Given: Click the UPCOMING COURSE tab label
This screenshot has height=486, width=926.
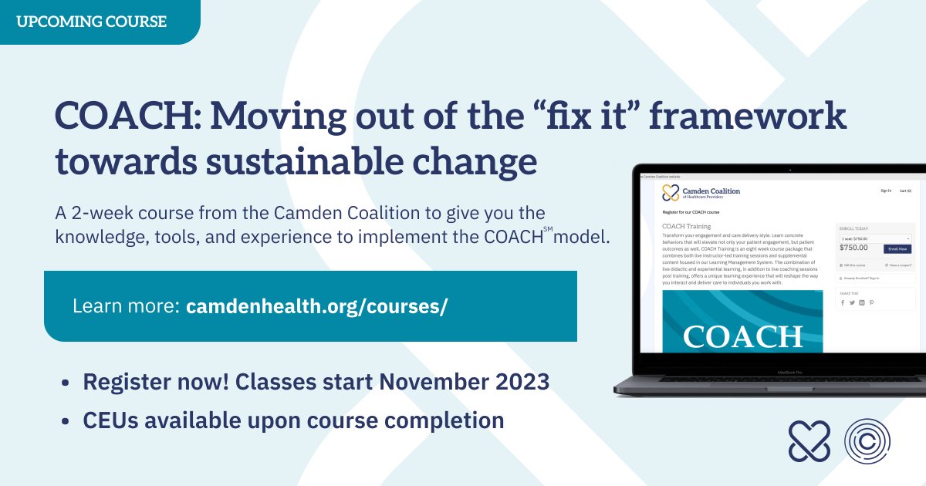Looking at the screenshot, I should (91, 22).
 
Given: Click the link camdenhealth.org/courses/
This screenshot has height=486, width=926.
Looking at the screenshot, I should (316, 306).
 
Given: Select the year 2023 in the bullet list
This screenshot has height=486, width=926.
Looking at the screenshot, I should (522, 382).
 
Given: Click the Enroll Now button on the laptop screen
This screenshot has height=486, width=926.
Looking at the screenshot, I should (897, 249).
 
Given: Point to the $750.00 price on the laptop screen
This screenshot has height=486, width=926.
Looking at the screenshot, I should (853, 248).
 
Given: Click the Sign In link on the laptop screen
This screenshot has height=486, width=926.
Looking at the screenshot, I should (885, 191).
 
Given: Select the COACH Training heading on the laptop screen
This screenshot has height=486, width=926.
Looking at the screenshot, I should (687, 226).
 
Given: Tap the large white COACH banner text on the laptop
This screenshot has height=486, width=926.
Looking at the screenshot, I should (742, 337).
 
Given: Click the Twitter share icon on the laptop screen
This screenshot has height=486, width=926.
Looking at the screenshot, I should (851, 302).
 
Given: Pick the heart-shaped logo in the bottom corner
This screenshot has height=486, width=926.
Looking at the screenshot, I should (809, 440).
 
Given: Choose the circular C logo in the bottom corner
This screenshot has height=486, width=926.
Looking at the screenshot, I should (867, 440).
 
